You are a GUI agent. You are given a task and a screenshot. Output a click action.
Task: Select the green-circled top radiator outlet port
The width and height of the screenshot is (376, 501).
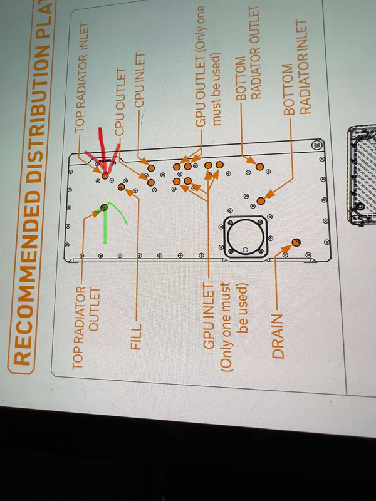click(x=104, y=207)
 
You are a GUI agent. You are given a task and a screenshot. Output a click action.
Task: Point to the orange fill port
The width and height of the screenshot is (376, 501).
click(x=121, y=187)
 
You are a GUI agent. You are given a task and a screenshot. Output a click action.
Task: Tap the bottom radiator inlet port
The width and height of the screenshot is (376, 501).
click(x=261, y=201)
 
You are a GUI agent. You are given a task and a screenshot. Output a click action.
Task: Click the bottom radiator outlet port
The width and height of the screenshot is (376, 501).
click(x=259, y=167)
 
